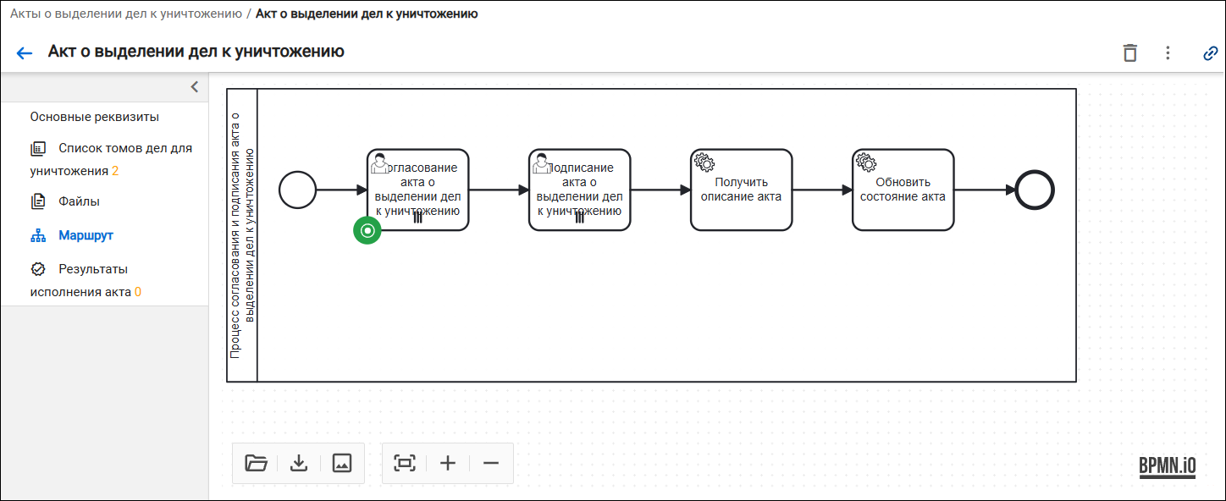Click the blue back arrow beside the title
24,52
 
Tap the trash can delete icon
1129,52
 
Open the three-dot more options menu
1168,52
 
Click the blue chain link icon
1210,53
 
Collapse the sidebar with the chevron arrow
194,87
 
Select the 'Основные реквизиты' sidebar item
94,117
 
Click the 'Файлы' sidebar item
79,201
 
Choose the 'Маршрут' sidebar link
86,235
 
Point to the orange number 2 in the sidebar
115,171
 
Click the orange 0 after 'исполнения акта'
138,292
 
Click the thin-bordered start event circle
298,190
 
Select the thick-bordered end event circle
1035,190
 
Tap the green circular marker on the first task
367,230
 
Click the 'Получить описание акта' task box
741,190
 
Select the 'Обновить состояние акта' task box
903,190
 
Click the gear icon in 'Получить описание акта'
704,162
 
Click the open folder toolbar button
256,463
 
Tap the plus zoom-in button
448,463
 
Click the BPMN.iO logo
1168,467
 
